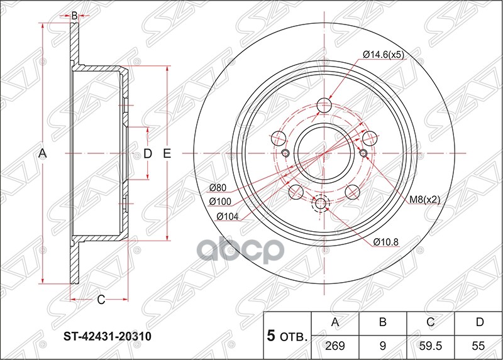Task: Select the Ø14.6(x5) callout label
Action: (384, 55)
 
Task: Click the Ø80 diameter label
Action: (218, 188)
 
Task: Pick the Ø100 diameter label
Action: (221, 202)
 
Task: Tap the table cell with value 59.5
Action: (431, 346)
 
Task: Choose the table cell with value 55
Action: (479, 346)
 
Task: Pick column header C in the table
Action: (431, 323)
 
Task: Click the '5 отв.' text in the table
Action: (287, 336)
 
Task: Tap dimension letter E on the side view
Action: (167, 153)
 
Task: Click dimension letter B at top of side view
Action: (74, 15)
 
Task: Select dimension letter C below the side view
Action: (100, 300)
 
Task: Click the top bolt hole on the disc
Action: (325, 104)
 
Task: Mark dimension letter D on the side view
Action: (148, 153)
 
